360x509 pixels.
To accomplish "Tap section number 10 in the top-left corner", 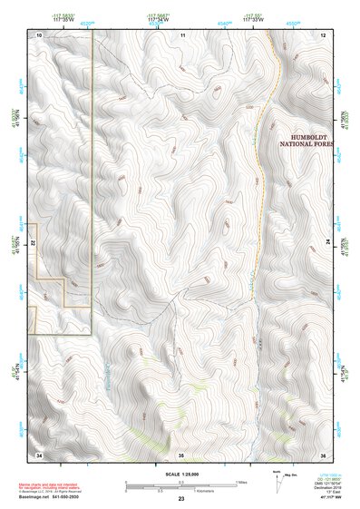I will (x=39, y=34).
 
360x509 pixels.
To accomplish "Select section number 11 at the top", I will (x=182, y=34).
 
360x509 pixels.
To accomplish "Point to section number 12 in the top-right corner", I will (x=324, y=34).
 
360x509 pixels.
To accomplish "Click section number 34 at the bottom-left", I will (x=39, y=453).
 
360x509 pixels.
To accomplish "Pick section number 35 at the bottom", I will (x=181, y=453).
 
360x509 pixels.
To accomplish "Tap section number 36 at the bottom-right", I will (x=324, y=453).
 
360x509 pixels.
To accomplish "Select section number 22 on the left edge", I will (x=34, y=243).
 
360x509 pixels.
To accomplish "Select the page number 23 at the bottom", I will (x=181, y=500).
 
